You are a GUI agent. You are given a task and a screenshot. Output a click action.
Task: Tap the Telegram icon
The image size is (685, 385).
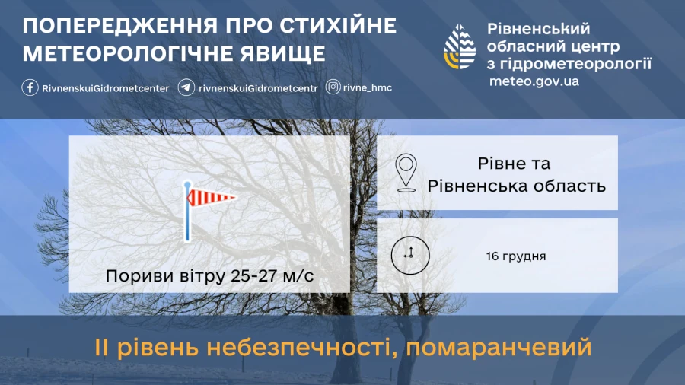pyautogui.click(x=185, y=87)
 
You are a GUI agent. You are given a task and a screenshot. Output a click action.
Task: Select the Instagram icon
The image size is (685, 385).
pyautogui.click(x=333, y=87)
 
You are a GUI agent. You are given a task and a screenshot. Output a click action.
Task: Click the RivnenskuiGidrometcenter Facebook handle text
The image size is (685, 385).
pyautogui.click(x=106, y=87)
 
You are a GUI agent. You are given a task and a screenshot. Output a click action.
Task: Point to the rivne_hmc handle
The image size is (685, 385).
pyautogui.click(x=368, y=87)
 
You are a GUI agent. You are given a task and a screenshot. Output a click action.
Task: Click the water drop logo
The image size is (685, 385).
pyautogui.click(x=460, y=47)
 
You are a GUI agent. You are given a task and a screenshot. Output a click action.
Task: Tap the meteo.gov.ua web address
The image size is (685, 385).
pyautogui.click(x=534, y=81)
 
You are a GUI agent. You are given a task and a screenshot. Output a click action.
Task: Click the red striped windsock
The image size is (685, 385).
pyautogui.click(x=212, y=198)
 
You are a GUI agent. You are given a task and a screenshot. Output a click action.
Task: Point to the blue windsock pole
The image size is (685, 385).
pyautogui.click(x=186, y=221)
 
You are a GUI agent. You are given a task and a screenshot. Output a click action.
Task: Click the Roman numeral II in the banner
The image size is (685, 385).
pyautogui.click(x=103, y=349)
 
